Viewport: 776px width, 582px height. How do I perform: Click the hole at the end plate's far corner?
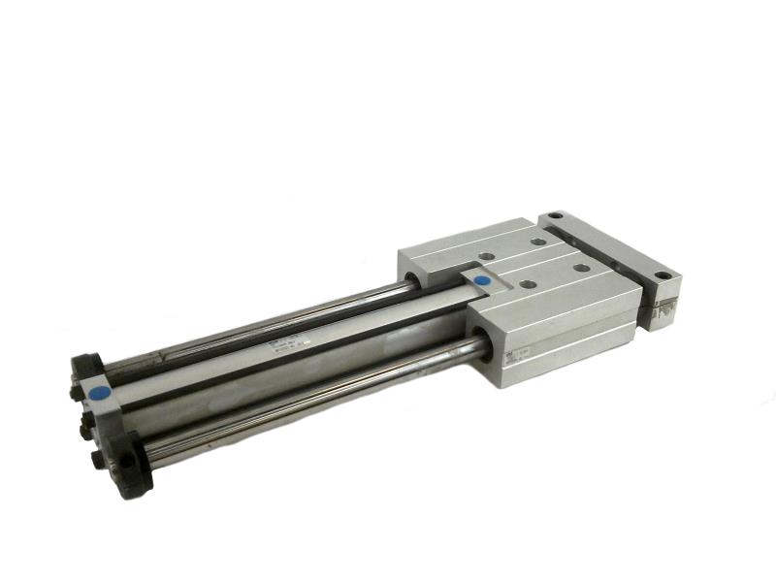click(555, 216)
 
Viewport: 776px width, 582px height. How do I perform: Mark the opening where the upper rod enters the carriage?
click(413, 281)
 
